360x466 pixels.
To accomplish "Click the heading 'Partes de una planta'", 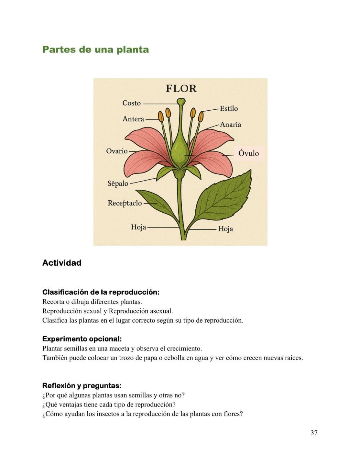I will tap(95, 50).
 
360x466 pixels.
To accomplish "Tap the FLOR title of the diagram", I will tap(181, 88).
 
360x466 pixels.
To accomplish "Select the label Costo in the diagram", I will tap(131, 103).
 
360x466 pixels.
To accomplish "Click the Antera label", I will tap(133, 119).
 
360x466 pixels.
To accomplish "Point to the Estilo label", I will tap(229, 109).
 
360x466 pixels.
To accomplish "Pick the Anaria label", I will tap(230, 125).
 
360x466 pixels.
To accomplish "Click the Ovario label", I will tap(117, 151).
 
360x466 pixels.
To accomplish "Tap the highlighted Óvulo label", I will tap(248, 153).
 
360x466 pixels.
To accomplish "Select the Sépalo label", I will tap(118, 183).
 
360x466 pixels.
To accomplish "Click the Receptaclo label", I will tap(125, 203).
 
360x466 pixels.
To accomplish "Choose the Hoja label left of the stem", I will tap(138, 227).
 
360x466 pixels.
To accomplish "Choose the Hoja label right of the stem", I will tap(225, 229).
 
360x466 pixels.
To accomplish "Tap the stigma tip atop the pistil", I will tap(181, 102).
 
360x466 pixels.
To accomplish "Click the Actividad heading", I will tap(62, 263).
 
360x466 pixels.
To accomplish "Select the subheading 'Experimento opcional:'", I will tap(82, 339).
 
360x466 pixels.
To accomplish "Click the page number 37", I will tap(314, 433).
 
